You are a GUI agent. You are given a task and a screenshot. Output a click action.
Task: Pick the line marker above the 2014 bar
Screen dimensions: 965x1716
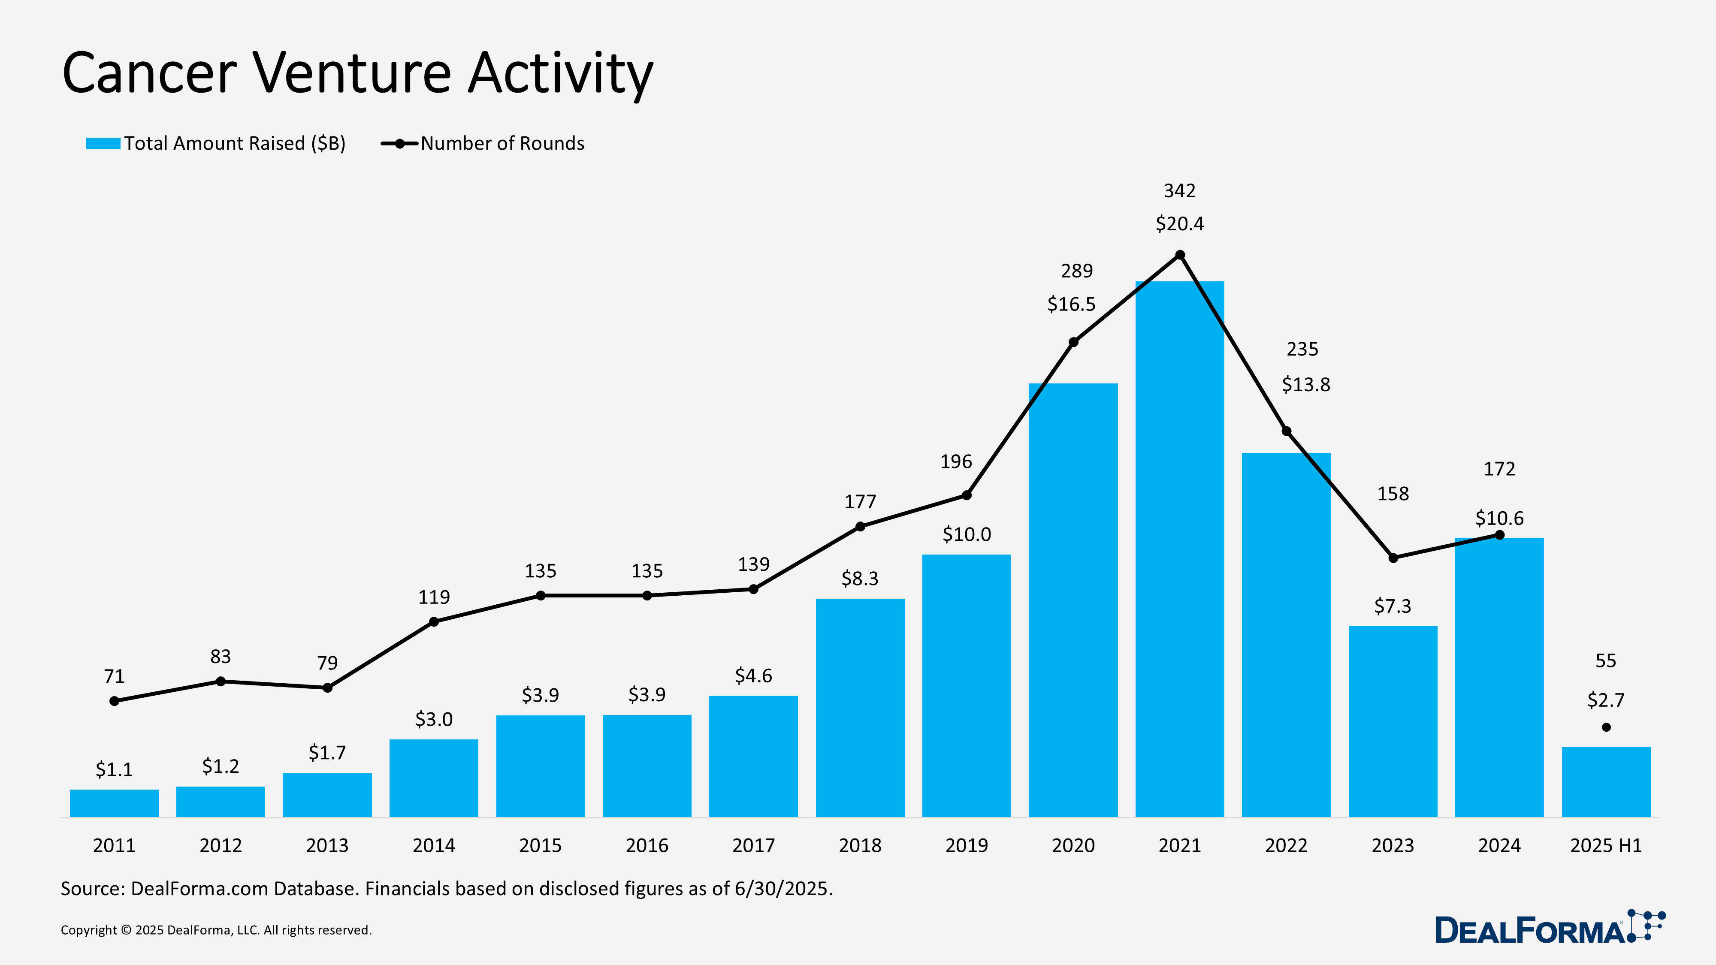tap(434, 621)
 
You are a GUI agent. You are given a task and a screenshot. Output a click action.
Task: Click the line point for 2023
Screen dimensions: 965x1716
tap(1393, 558)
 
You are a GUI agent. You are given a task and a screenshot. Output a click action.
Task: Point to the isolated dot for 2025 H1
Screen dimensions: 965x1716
tap(1606, 727)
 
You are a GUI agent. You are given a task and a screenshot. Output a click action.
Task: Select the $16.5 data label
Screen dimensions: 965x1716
tap(1071, 305)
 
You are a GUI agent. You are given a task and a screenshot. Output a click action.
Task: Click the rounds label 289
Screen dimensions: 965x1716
tap(1076, 271)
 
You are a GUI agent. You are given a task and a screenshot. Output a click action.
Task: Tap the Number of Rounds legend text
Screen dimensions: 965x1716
tap(502, 144)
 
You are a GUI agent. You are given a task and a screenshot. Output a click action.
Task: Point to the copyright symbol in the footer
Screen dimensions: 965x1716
tap(126, 930)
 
